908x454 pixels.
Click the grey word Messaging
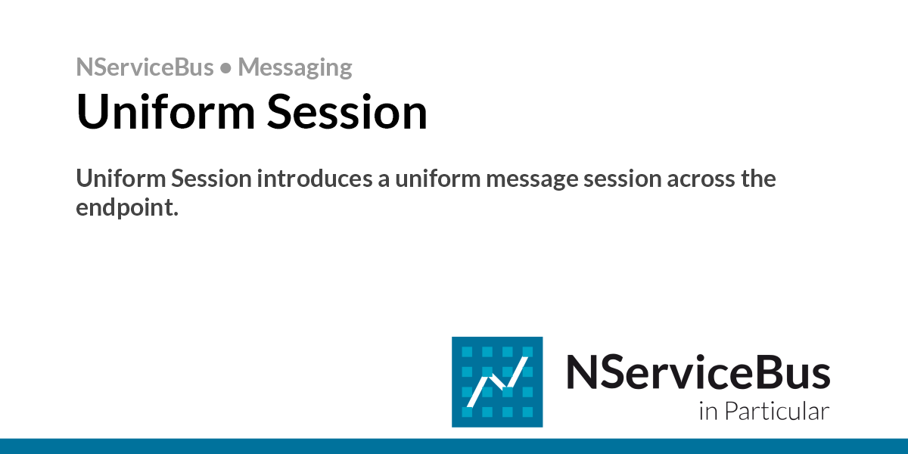click(294, 67)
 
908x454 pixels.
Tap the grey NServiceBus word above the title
click(145, 67)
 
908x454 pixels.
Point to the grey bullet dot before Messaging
click(225, 68)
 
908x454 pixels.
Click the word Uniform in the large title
click(166, 111)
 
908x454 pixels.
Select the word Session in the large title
click(347, 111)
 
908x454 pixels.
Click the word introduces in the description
click(315, 179)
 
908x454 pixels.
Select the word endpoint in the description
click(127, 208)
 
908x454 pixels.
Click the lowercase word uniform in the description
click(438, 179)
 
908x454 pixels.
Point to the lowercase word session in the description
click(623, 179)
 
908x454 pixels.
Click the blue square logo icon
click(497, 382)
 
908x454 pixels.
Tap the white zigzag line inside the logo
click(498, 382)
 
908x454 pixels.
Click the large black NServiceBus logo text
click(698, 372)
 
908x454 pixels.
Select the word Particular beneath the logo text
click(776, 411)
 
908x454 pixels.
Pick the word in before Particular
click(708, 412)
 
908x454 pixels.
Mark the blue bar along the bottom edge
click(454, 446)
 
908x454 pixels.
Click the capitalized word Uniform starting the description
click(121, 179)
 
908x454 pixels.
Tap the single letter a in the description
click(384, 181)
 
